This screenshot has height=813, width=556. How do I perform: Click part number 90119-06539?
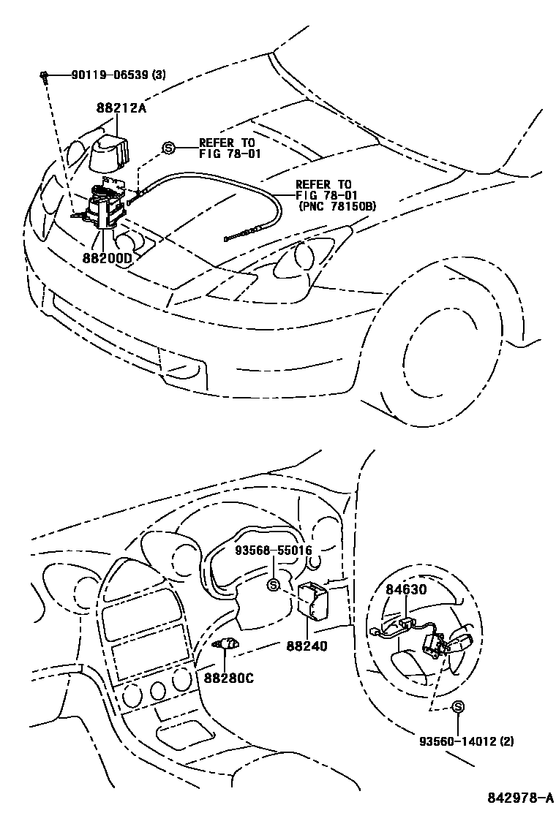pyautogui.click(x=110, y=75)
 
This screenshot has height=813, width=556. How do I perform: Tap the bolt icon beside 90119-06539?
pyautogui.click(x=45, y=75)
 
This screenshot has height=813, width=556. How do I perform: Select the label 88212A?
pyautogui.click(x=121, y=107)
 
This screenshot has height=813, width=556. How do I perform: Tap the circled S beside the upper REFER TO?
pyautogui.click(x=168, y=148)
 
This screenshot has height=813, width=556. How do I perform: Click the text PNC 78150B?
pyautogui.click(x=337, y=207)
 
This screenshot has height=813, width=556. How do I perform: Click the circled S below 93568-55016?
pyautogui.click(x=274, y=585)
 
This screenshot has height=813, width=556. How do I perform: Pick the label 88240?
pyautogui.click(x=307, y=646)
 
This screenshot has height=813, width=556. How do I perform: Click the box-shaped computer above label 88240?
pyautogui.click(x=313, y=600)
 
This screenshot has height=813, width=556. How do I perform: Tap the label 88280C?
pyautogui.click(x=228, y=678)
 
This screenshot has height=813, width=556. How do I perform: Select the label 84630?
pyautogui.click(x=407, y=590)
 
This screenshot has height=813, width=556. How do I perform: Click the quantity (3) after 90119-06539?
pyautogui.click(x=159, y=75)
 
